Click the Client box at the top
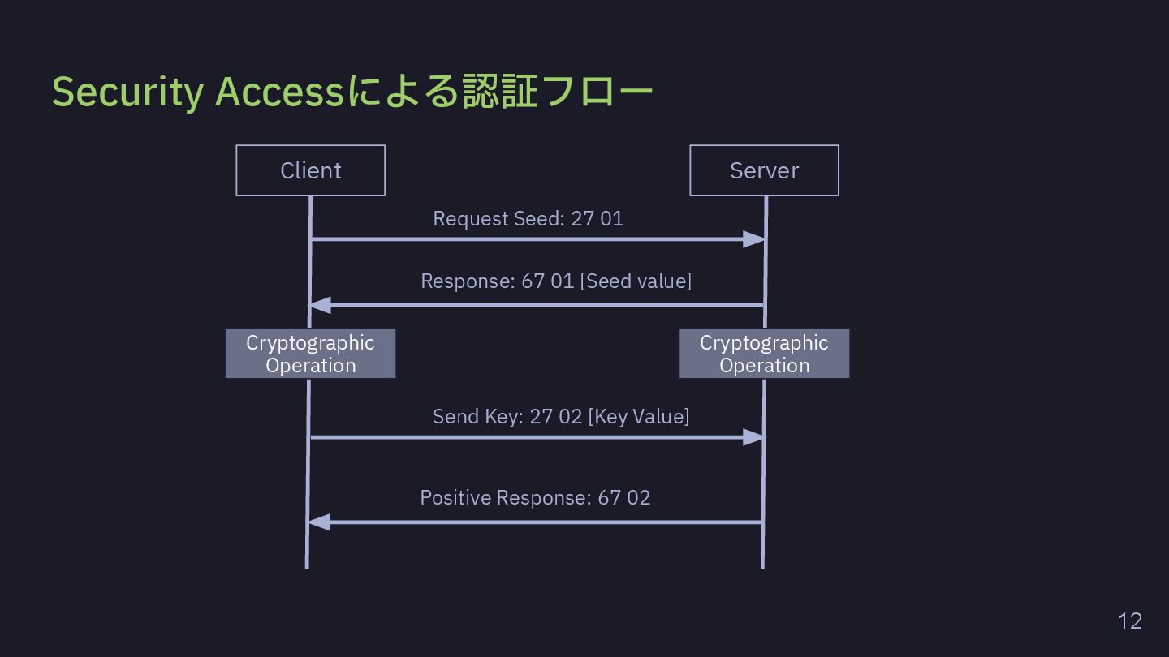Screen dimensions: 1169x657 coord(310,170)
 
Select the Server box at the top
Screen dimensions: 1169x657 coord(764,170)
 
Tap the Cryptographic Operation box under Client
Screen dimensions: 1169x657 coord(310,354)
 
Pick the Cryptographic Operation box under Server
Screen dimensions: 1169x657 coord(764,354)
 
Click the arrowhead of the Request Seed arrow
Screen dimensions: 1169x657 coord(754,239)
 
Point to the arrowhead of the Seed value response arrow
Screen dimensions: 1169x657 coord(321,305)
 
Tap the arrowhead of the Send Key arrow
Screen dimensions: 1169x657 coord(754,437)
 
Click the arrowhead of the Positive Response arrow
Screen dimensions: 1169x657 coord(319,522)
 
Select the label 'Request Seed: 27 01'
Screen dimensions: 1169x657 coord(528,218)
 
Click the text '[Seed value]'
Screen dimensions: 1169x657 coord(636,281)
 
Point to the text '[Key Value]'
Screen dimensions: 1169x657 coord(638,417)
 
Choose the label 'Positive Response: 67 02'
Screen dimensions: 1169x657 coord(536,497)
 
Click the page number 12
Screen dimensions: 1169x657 coord(1129,621)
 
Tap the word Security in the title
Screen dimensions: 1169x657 coord(128,92)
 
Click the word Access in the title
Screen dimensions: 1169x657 coord(279,92)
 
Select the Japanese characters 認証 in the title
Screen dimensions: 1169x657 coord(500,91)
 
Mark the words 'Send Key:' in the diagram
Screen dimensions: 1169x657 coord(477,417)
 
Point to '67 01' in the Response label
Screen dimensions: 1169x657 coord(547,281)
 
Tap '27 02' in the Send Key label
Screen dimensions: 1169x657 coord(556,417)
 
